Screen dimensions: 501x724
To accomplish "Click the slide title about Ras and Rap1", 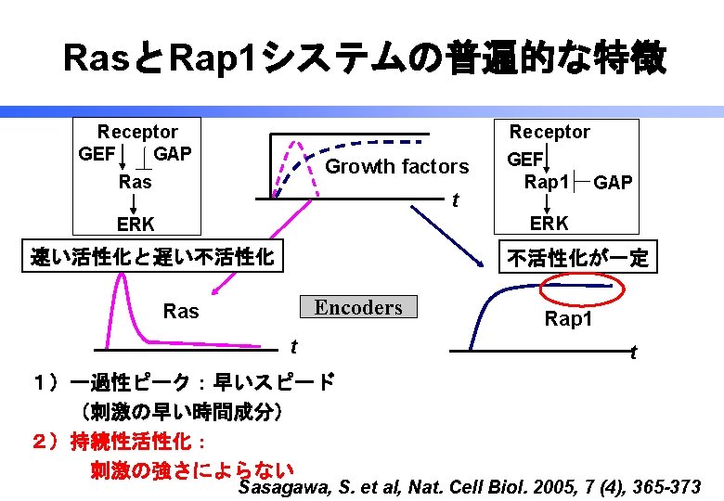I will (364, 58).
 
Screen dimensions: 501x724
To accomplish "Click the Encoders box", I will (358, 307).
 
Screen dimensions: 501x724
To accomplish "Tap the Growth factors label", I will (397, 167).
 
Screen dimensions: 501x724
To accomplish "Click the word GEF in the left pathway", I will (97, 154).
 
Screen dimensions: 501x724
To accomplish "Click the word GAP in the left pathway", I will (173, 154).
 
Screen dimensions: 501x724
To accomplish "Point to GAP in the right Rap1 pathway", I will (613, 183).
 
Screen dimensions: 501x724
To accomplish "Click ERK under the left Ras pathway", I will (136, 224).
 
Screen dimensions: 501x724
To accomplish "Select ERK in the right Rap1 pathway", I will (549, 224).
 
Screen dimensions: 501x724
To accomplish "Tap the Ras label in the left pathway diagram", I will (136, 182).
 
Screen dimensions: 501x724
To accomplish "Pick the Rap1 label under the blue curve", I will (567, 320).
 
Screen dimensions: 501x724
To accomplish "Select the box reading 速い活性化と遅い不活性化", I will (152, 256).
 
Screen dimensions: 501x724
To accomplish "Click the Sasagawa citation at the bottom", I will (469, 487).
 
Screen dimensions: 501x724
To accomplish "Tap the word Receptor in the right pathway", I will (549, 132).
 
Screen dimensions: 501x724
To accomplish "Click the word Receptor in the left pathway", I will (137, 132).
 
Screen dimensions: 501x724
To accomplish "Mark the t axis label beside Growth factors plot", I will (454, 200).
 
